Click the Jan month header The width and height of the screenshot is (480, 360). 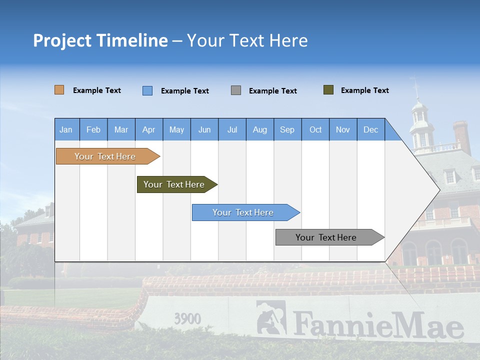point(66,129)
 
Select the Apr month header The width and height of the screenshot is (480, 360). point(148,129)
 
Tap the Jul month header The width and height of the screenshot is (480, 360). point(232,129)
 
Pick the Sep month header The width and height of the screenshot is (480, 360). point(287,129)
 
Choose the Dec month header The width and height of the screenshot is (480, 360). point(370,129)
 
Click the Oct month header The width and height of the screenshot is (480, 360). point(315,129)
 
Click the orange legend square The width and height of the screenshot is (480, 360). point(59,90)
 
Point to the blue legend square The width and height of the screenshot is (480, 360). point(147,90)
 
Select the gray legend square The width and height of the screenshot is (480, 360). point(236,90)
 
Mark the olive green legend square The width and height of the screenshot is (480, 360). point(328,90)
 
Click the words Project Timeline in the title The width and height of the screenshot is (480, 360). point(100,40)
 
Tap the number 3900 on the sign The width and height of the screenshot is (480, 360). point(187,319)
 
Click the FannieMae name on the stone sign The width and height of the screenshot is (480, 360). point(378,325)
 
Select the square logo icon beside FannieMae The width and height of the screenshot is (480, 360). point(271,317)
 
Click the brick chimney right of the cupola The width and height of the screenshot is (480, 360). point(461,136)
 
